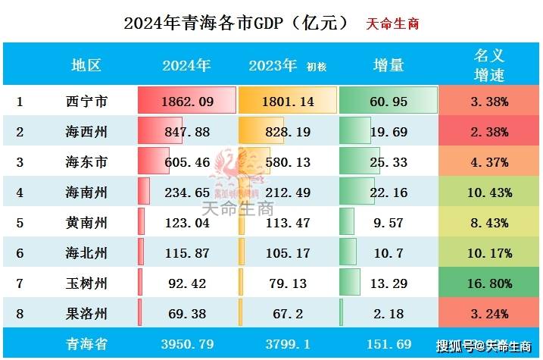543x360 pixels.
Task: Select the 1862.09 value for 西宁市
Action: coord(186,101)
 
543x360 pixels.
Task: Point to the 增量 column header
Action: coord(389,65)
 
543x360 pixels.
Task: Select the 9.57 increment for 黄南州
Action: coord(389,223)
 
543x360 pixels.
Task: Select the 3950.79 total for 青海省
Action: coord(186,344)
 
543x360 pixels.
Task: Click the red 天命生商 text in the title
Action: coord(392,23)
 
